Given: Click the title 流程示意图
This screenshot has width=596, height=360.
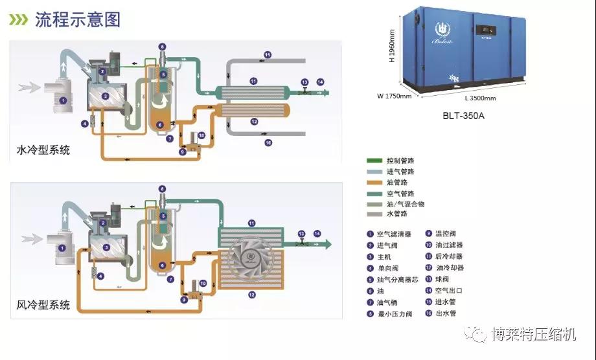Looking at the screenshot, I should point(78,19).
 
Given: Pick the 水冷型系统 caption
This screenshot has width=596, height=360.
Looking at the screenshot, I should point(43,150).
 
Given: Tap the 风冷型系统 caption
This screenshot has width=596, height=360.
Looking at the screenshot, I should point(43,305).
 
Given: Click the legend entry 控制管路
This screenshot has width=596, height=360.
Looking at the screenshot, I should point(400,160).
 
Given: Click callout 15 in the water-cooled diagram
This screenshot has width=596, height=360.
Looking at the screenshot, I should point(267,55).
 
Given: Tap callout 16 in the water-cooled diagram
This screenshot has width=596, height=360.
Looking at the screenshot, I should point(267,142).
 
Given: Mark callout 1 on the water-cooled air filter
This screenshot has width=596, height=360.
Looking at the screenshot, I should point(62,100).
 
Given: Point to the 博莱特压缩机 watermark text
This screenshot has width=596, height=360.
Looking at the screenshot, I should point(533,334).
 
